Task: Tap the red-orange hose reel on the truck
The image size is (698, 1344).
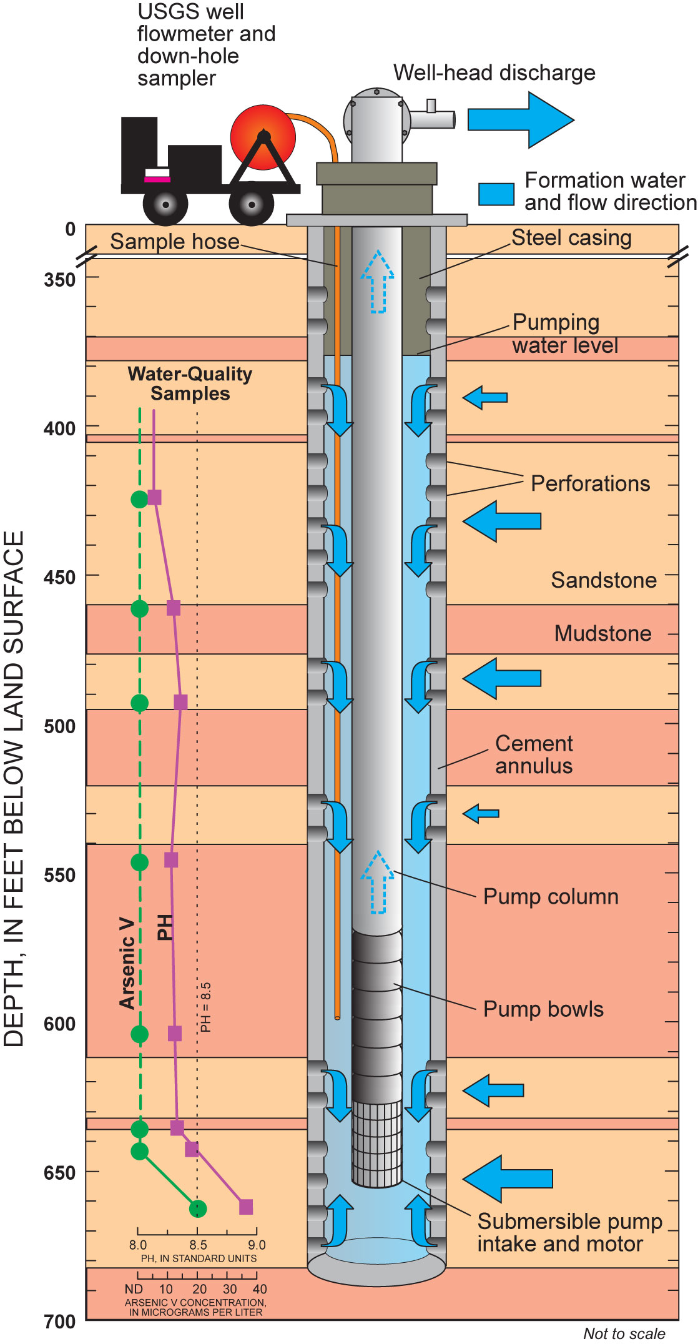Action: [263, 137]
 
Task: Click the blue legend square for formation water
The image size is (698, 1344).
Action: [496, 194]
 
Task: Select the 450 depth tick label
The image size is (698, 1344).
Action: [59, 577]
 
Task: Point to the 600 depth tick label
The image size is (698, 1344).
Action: [59, 1024]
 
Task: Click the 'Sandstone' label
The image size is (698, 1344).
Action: [603, 580]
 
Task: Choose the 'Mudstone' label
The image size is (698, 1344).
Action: [602, 633]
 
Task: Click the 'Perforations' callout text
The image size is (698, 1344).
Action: [590, 483]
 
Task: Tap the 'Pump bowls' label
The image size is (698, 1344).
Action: [543, 1009]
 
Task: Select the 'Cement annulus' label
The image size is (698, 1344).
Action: [534, 754]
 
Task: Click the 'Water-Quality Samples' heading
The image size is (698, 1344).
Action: [190, 383]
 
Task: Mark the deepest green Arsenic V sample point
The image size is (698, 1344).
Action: [197, 1209]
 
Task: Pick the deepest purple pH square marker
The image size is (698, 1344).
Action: [246, 1207]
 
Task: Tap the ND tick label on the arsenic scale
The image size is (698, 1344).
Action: [134, 1289]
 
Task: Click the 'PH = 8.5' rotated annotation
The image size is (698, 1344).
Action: [205, 1007]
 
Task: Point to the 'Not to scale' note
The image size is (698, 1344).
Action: [624, 1333]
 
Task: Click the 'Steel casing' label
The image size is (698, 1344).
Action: [571, 238]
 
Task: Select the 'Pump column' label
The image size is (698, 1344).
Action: [551, 897]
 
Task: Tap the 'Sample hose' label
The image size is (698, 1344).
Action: [175, 242]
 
